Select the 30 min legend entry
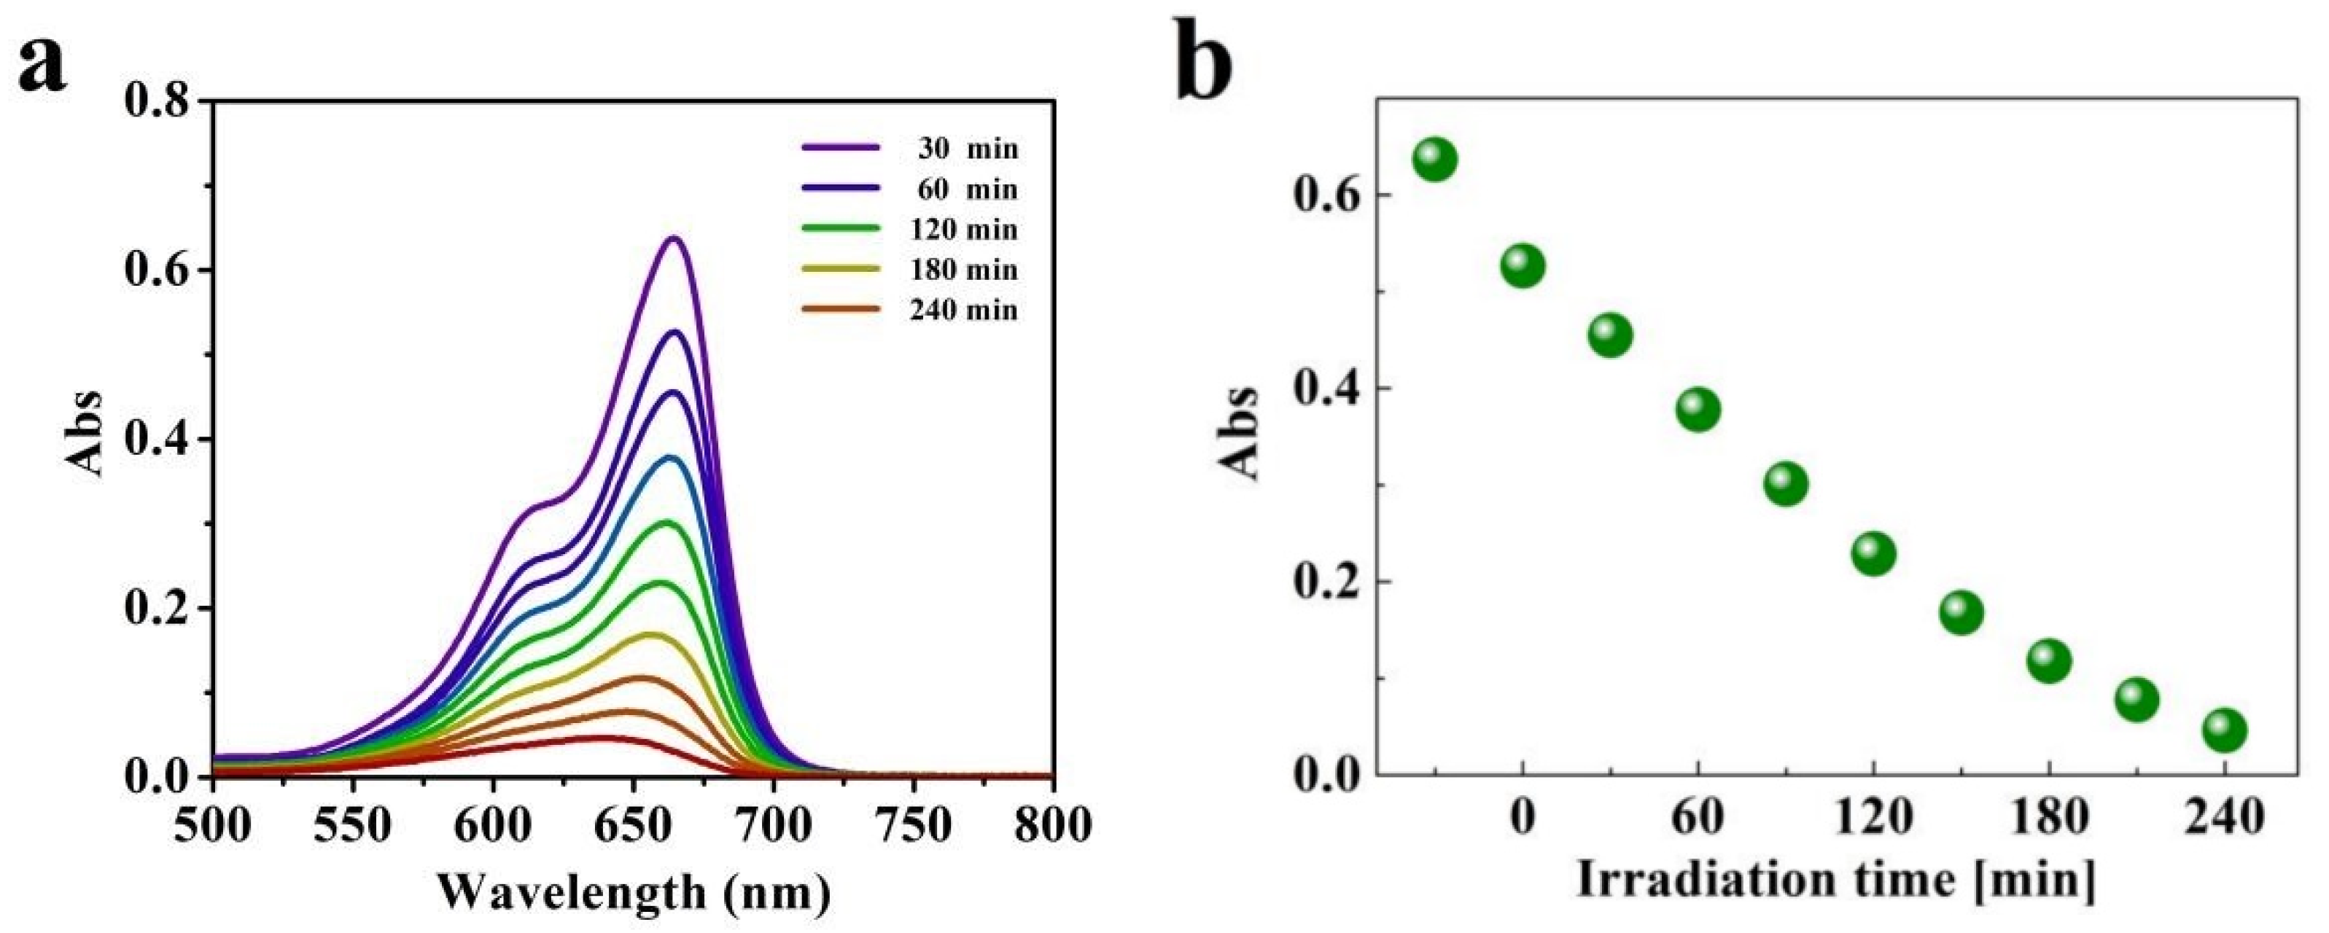(909, 148)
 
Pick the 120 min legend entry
(909, 229)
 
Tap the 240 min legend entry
(909, 310)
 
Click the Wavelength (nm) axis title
(634, 892)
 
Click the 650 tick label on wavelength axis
(633, 824)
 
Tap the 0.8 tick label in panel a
(158, 101)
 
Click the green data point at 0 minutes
(1523, 266)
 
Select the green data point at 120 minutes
(1873, 553)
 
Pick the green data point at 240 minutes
(2224, 730)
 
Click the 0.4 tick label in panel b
(1323, 389)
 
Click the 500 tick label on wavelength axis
(214, 824)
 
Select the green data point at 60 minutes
(1698, 410)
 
